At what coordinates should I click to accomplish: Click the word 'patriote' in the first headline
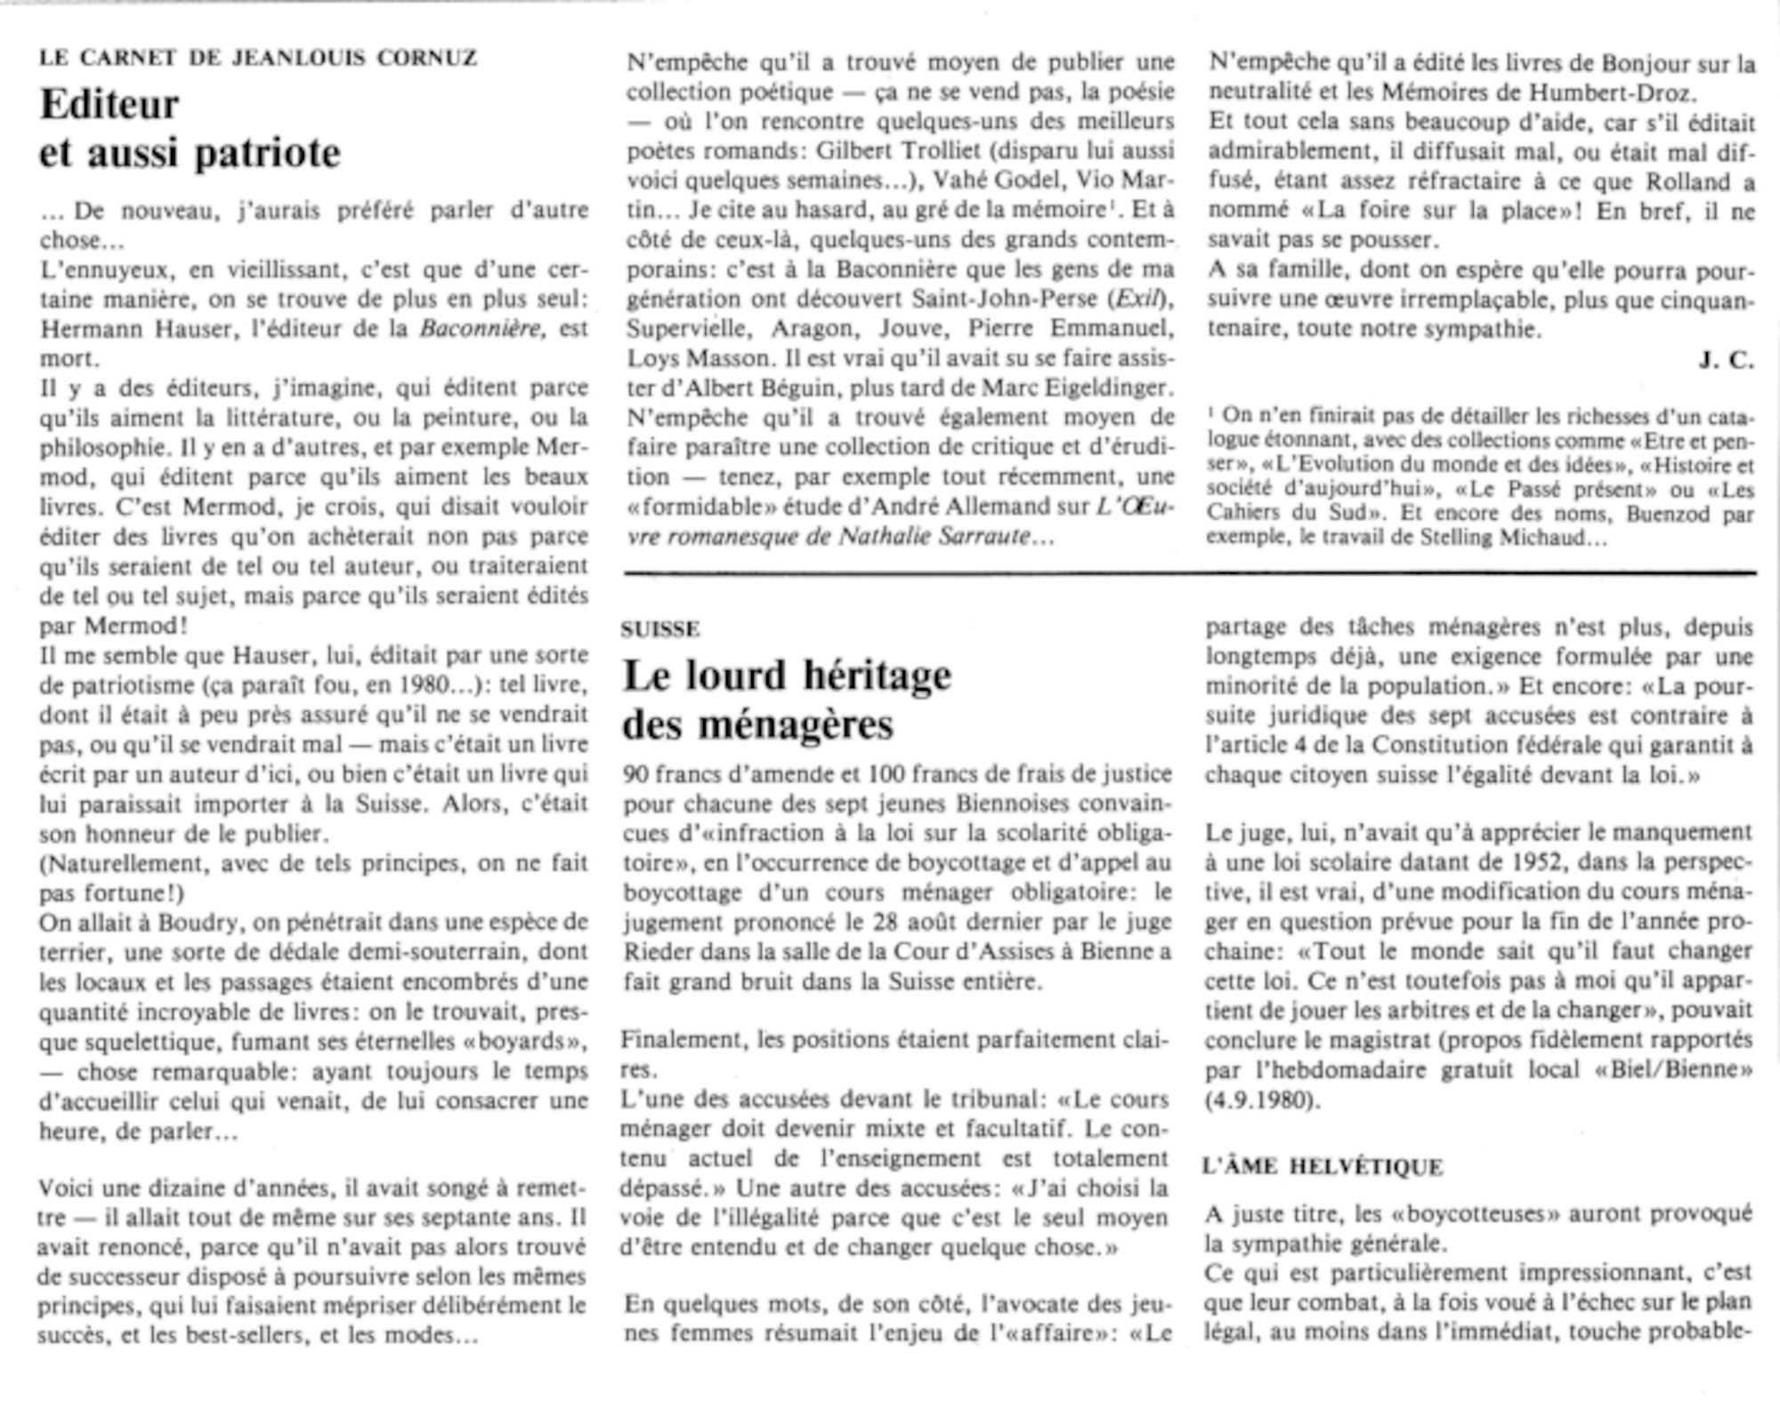[x=266, y=153]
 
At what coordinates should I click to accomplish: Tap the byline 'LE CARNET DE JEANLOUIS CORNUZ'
[x=258, y=59]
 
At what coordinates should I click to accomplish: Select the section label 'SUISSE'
[x=660, y=629]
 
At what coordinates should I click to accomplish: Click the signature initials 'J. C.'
[x=1726, y=360]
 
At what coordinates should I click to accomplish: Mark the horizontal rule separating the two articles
[x=1190, y=573]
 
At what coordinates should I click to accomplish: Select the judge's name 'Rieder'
[x=657, y=952]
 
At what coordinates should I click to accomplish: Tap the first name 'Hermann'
[x=84, y=328]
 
